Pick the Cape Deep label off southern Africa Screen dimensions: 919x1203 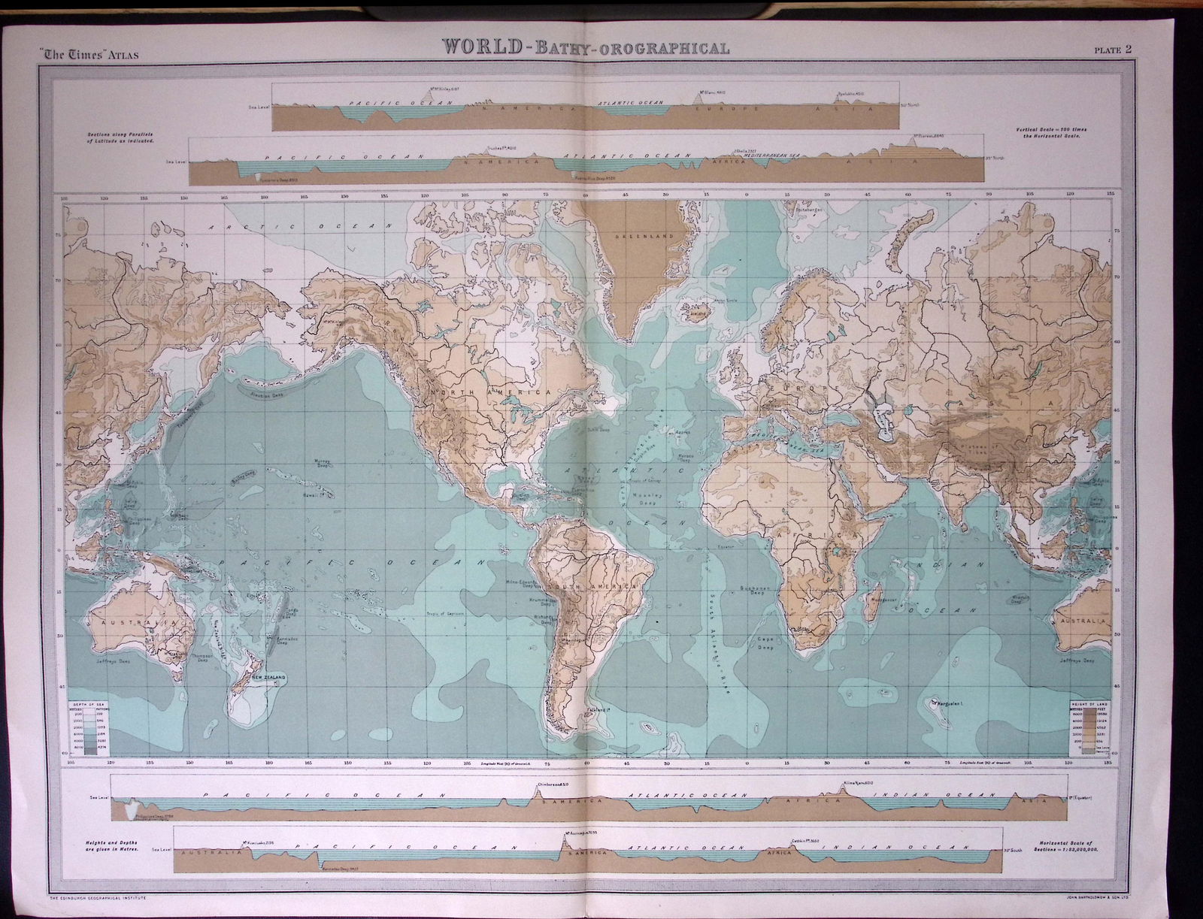click(x=765, y=644)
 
